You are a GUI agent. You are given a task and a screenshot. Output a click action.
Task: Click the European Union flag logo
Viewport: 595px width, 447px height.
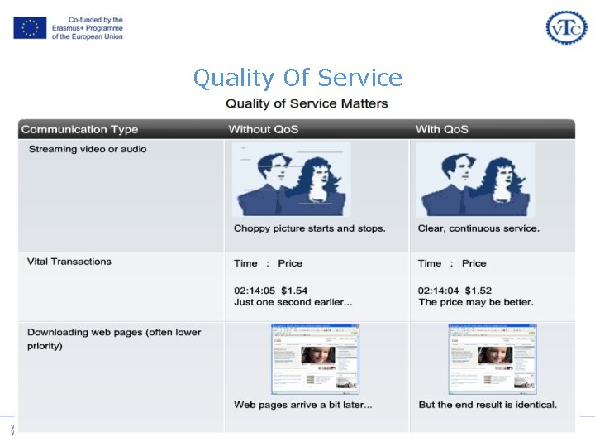(x=30, y=27)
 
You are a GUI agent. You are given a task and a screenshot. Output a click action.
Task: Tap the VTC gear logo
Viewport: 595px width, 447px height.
(x=566, y=27)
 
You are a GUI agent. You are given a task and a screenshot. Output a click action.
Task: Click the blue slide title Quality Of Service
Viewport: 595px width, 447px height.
(x=297, y=78)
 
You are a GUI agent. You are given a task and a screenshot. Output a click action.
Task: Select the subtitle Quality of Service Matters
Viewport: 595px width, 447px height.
(x=307, y=103)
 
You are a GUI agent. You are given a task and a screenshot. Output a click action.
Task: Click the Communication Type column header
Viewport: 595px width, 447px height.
(x=79, y=129)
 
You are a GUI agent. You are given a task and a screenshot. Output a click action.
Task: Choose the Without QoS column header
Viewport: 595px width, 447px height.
(x=263, y=129)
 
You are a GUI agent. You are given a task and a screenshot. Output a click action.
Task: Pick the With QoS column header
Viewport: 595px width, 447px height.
(x=441, y=129)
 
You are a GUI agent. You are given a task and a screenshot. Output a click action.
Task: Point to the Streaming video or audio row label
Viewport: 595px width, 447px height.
(x=88, y=149)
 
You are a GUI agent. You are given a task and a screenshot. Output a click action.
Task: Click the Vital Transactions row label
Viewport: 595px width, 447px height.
(x=69, y=262)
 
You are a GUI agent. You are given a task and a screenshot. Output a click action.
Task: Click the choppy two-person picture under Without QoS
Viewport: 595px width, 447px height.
(x=292, y=180)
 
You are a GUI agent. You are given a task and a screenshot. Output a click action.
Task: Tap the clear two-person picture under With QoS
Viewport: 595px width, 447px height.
(x=475, y=180)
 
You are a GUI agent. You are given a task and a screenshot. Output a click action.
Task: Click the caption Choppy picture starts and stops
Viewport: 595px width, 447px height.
(x=310, y=228)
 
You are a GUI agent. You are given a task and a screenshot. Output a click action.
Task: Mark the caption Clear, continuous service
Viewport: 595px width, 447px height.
(x=478, y=228)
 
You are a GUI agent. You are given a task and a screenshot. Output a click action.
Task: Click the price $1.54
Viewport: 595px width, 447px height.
(x=294, y=290)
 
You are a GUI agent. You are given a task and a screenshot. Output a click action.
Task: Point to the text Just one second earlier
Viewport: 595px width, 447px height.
(x=293, y=302)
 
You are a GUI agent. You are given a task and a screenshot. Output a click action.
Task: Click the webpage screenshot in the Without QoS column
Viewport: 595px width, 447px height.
(x=315, y=358)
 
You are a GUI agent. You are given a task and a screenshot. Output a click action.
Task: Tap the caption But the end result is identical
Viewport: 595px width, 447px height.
(x=488, y=405)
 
